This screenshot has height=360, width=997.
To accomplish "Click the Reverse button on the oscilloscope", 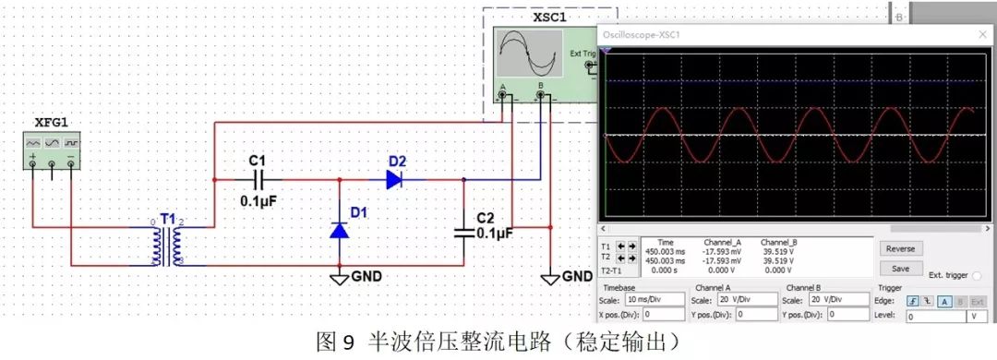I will tap(900, 248).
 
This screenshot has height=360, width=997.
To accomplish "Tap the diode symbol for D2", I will tap(394, 180).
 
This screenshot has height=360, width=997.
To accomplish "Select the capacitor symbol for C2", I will tap(464, 232).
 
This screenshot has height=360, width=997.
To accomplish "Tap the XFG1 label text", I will tap(52, 121).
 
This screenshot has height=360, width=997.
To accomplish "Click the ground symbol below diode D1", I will tap(339, 276).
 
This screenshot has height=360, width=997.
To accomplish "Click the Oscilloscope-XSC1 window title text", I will tap(641, 34).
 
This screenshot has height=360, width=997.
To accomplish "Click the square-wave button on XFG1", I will tap(71, 143).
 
